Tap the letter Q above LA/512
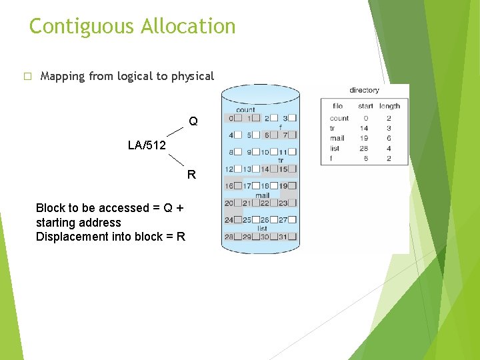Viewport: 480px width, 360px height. (x=193, y=122)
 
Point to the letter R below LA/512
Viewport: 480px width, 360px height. (x=191, y=175)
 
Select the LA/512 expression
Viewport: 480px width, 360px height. (x=147, y=145)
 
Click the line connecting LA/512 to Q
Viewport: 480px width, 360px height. (x=175, y=132)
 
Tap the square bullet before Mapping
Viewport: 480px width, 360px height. (x=27, y=77)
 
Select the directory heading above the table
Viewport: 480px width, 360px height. (x=364, y=90)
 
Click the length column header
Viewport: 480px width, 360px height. (x=389, y=106)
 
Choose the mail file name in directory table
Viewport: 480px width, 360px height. (x=338, y=138)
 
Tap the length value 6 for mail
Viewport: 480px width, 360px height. (x=389, y=138)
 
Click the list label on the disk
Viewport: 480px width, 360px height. (x=262, y=229)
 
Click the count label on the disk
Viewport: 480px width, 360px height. (x=245, y=109)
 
